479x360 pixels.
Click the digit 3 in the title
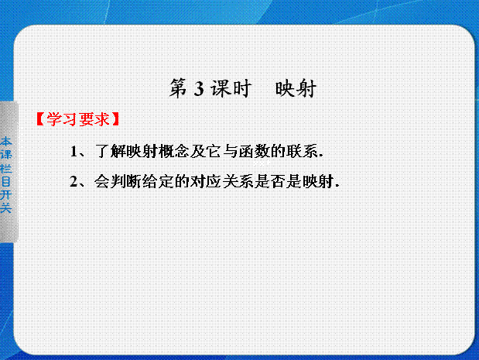(199, 89)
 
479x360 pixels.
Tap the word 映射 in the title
(296, 88)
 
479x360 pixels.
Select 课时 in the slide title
(231, 88)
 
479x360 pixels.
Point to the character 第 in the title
(179, 88)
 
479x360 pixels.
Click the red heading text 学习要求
(78, 119)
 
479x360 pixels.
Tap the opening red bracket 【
(41, 119)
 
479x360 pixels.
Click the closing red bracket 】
(115, 119)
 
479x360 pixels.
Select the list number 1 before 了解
(74, 151)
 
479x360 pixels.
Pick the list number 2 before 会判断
(74, 182)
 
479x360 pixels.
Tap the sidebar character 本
(6, 141)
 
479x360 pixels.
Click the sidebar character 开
(6, 195)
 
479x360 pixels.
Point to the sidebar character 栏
(6, 168)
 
